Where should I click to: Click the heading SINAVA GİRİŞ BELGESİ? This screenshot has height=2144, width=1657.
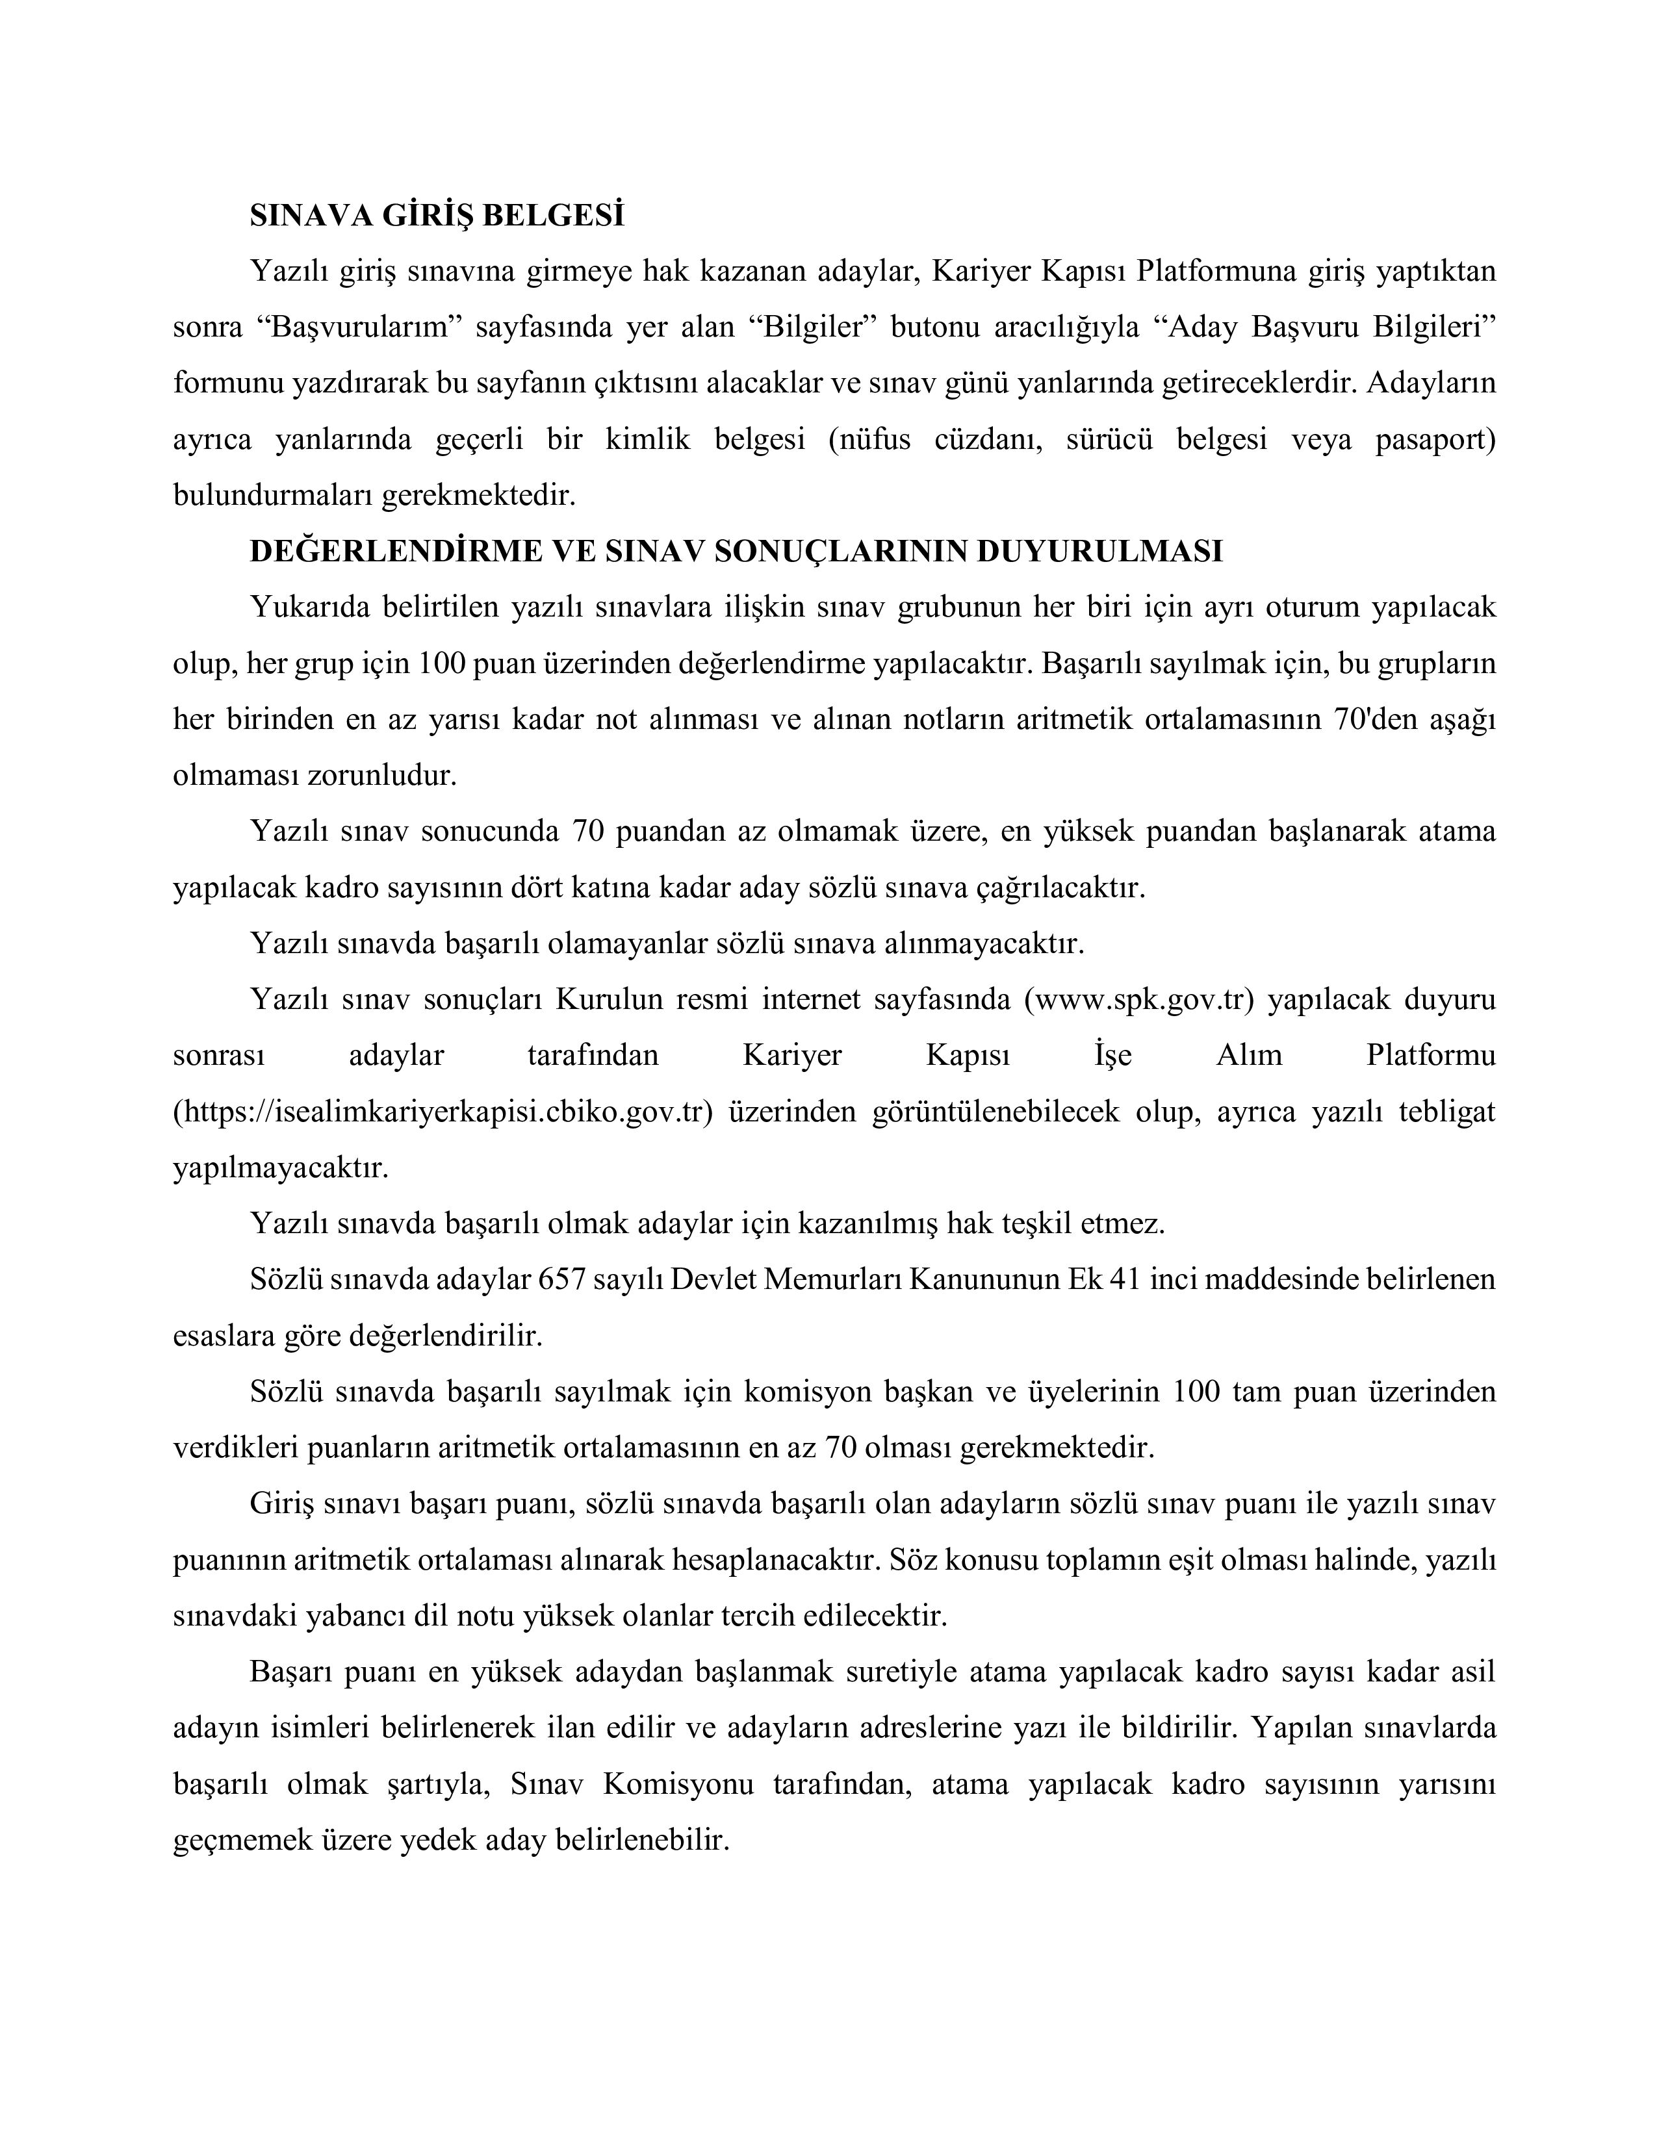pyautogui.click(x=437, y=215)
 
